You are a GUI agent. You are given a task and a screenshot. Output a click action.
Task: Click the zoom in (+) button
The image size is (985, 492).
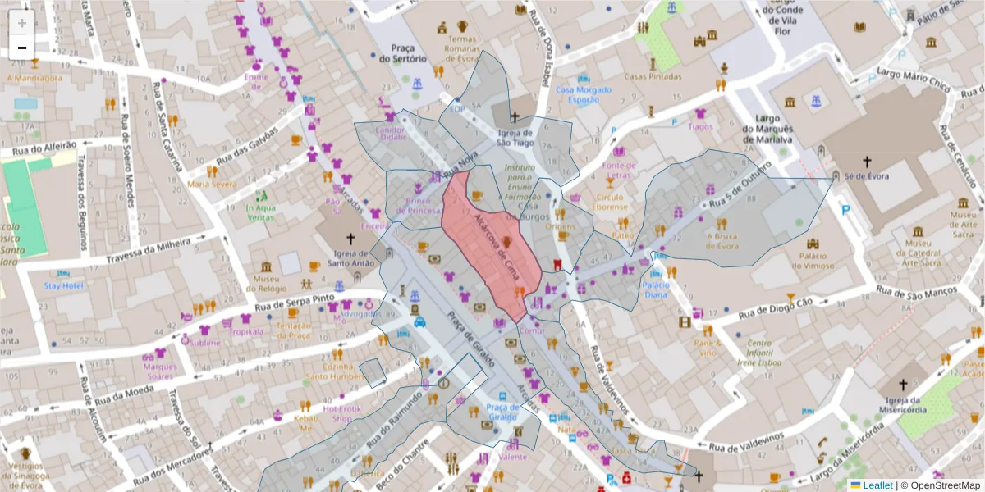pos(22,22)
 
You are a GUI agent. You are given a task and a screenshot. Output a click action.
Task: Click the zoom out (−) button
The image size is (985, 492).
pos(22,48)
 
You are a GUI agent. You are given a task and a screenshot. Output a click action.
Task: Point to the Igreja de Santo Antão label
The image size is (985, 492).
pos(350,258)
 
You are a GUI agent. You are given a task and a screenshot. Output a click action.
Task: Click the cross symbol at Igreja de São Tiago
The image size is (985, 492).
pos(515,117)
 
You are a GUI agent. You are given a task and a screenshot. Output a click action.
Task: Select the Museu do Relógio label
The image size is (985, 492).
pos(266,283)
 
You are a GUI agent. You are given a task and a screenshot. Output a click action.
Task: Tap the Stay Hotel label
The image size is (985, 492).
pos(64,285)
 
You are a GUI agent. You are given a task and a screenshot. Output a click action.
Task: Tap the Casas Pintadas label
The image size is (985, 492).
pos(653,76)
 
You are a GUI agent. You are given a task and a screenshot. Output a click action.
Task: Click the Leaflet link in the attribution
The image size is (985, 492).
pos(877,485)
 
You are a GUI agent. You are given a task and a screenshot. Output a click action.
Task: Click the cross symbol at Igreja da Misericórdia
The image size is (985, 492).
pos(903,385)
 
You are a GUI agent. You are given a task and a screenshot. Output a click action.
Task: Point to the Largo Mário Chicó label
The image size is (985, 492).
pos(913,79)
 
